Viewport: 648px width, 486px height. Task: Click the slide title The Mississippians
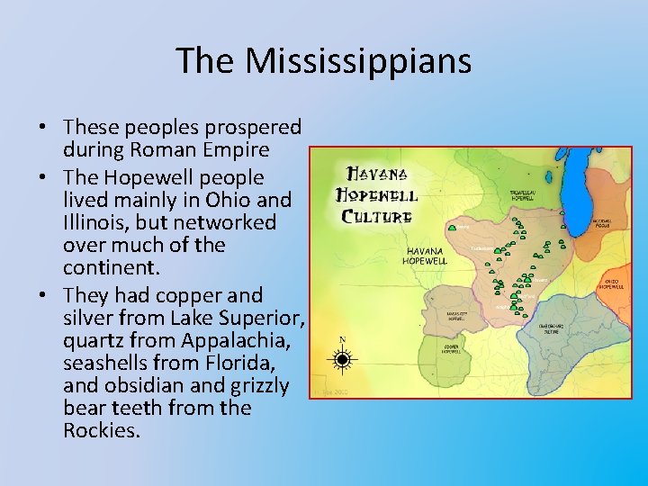tap(323, 61)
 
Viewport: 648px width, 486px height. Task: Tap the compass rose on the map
tap(342, 360)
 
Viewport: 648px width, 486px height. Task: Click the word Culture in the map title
tap(376, 216)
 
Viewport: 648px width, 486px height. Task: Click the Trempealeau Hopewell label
tap(526, 195)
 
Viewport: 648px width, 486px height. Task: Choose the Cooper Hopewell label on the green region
tap(452, 348)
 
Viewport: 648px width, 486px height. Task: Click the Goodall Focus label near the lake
tap(602, 222)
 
